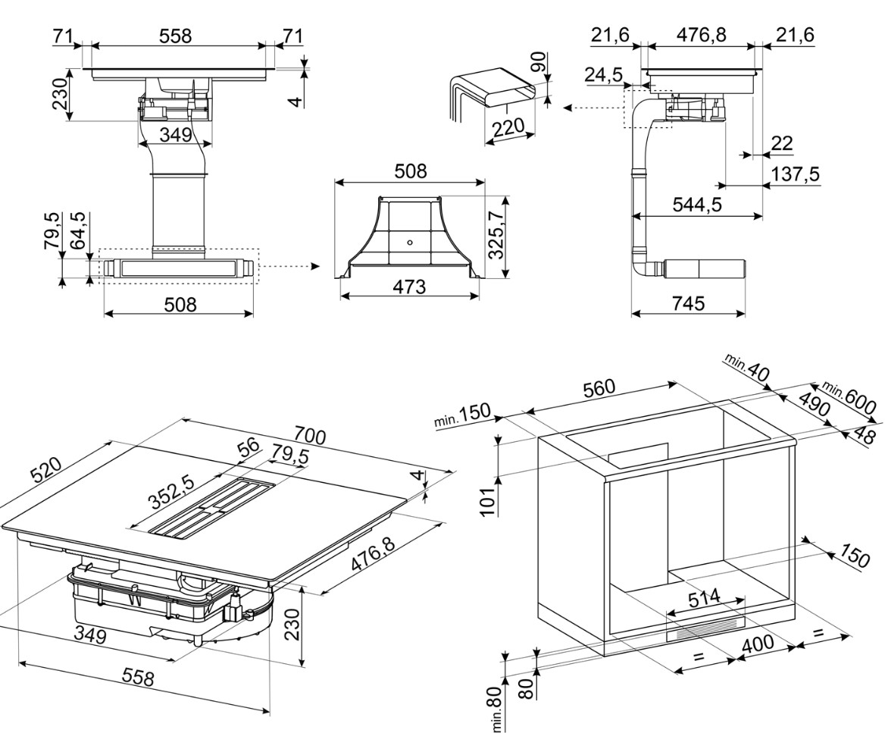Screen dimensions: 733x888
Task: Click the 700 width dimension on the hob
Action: tap(310, 437)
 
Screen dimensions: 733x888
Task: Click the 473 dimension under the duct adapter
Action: tap(409, 288)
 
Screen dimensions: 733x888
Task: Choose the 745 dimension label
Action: tap(688, 303)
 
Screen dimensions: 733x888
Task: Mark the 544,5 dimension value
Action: tap(697, 205)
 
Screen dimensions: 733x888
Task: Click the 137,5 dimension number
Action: tap(795, 174)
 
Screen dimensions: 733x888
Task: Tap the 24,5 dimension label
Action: tap(604, 75)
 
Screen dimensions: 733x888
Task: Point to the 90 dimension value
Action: tap(538, 61)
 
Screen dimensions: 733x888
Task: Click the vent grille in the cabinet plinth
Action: tap(705, 628)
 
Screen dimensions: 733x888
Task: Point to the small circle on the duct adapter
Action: tap(409, 243)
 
